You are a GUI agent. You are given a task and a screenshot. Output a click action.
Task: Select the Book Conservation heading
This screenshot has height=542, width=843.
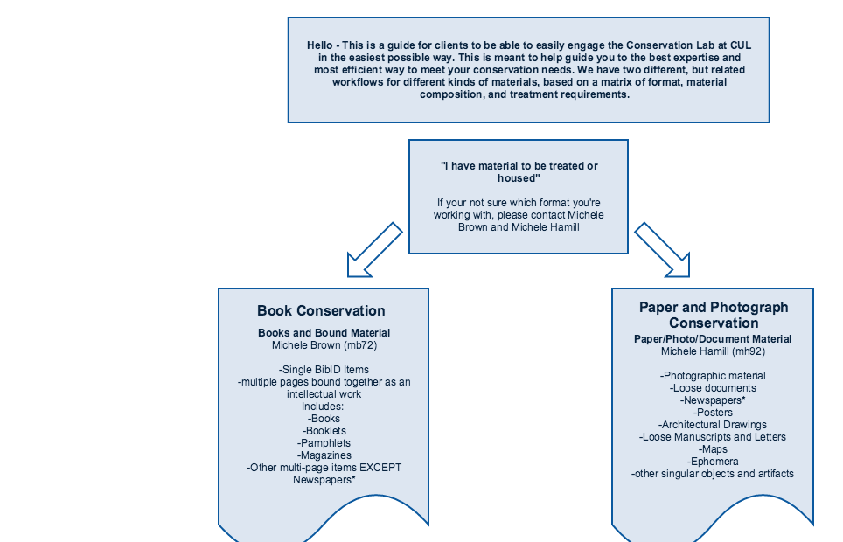pos(321,311)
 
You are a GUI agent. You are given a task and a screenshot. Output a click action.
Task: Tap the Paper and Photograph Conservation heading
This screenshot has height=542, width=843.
pos(714,315)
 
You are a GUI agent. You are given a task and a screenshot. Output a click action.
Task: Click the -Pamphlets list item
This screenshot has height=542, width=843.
pos(324,443)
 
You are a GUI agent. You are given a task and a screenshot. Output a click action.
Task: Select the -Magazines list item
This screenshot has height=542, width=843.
pos(324,455)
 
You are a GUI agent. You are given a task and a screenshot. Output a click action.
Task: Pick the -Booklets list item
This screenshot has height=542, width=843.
pos(324,431)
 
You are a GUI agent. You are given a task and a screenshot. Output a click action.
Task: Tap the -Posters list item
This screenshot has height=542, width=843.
pos(713,413)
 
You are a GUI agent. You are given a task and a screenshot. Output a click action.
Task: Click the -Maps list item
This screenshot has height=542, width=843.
pos(713,449)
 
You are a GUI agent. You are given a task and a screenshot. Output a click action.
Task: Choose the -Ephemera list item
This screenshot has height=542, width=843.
pos(713,462)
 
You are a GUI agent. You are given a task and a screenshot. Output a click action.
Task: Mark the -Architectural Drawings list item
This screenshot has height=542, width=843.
pos(713,425)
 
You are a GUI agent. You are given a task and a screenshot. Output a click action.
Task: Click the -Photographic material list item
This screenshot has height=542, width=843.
pos(713,376)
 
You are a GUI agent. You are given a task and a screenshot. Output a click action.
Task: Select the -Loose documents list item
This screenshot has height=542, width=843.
pos(713,388)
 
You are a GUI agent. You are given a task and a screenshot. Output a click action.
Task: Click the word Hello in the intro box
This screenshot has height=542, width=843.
pos(320,45)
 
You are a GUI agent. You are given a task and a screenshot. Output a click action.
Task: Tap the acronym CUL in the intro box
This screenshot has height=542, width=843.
pos(741,45)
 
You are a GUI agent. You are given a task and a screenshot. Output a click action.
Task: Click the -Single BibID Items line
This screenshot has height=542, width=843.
pos(324,370)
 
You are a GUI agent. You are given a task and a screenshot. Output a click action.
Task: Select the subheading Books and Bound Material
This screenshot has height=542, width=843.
pos(324,333)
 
